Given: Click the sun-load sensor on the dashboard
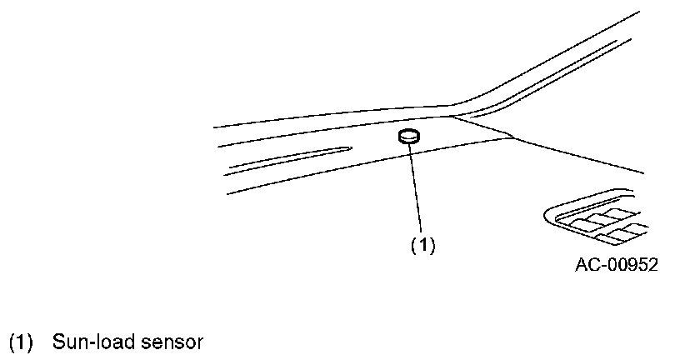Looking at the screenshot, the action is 409,137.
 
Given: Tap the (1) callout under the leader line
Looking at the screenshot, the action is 422,245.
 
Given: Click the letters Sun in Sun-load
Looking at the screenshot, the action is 67,342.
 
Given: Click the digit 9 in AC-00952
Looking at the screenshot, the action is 629,266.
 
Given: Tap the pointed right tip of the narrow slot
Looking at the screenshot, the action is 349,148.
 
